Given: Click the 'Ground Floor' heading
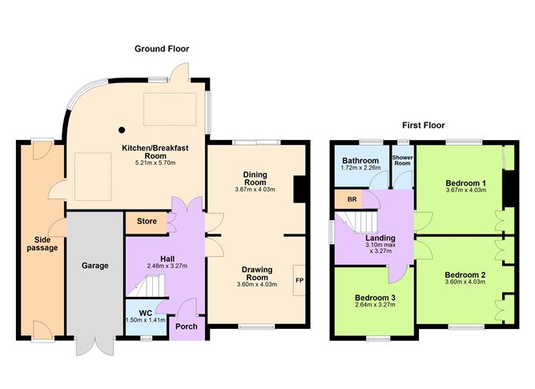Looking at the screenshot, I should coord(161,49).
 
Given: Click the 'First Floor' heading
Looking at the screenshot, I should coord(424,125).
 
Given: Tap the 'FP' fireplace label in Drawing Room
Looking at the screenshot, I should coord(299,281).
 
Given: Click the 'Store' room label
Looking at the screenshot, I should coord(146,221).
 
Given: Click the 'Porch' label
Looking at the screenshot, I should coord(187,326).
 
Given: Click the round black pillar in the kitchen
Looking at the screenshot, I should coord(122,129).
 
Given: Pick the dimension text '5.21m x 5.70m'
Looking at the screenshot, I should coord(154,162).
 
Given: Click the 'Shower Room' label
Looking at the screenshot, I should coord(400,160).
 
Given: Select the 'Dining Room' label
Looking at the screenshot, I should coord(255,178).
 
